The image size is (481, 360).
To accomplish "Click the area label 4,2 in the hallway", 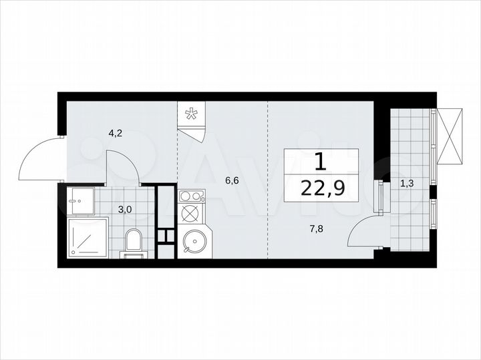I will coord(116,133).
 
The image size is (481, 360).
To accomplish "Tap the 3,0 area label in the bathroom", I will coord(125,209).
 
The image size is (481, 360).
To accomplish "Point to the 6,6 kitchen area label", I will coord(230,179).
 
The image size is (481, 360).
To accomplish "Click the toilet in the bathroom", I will coord(134,242).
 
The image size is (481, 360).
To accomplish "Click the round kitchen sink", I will coord(193,241).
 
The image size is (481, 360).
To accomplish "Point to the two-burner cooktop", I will coord(192,196).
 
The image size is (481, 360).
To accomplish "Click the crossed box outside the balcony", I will coord(448,136).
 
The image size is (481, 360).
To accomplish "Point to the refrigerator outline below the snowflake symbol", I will coord(192,131).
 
